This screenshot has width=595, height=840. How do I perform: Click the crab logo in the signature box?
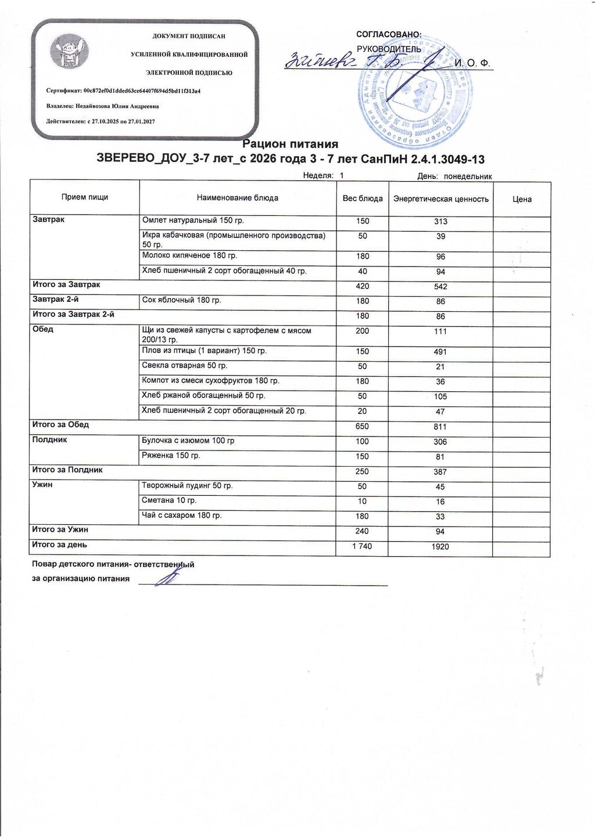(x=69, y=52)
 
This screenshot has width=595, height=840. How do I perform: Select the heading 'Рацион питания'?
(x=290, y=144)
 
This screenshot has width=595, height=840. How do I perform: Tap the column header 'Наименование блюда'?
(x=237, y=198)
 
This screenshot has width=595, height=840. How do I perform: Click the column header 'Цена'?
(x=522, y=199)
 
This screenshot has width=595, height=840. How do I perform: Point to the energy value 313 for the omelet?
(x=440, y=222)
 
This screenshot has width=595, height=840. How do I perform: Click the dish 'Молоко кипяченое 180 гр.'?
(x=189, y=255)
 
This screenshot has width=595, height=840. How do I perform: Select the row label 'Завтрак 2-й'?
(x=56, y=300)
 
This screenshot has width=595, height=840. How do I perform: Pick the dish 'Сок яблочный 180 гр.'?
(x=181, y=300)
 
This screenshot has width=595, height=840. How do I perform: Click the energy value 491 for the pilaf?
(x=440, y=352)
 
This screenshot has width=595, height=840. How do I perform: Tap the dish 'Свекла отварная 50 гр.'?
(x=184, y=366)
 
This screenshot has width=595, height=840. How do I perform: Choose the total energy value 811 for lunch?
(x=440, y=427)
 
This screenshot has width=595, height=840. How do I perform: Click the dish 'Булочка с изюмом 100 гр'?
(x=188, y=441)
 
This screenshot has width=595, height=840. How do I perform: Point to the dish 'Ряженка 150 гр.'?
(x=171, y=456)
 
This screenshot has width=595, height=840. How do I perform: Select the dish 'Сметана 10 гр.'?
(x=169, y=500)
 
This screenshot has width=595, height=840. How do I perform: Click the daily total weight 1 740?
(x=362, y=546)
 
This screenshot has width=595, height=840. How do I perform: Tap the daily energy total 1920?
(x=440, y=547)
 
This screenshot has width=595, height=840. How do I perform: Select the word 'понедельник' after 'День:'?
(x=468, y=176)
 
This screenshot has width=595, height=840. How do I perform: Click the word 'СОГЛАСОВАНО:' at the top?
(x=389, y=35)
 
